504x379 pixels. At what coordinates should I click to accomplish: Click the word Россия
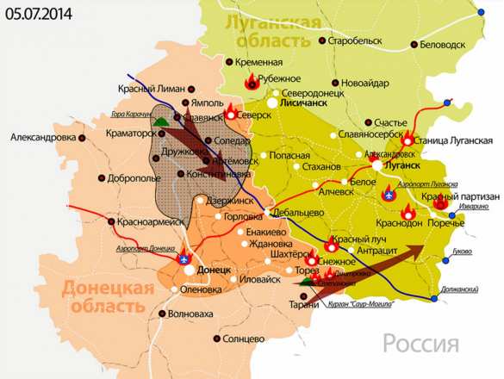pos(420,345)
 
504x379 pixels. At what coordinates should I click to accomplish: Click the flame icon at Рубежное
pos(252,82)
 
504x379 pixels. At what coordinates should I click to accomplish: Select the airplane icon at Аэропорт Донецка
pos(182,258)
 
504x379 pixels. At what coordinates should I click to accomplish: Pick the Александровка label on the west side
pos(42,137)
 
